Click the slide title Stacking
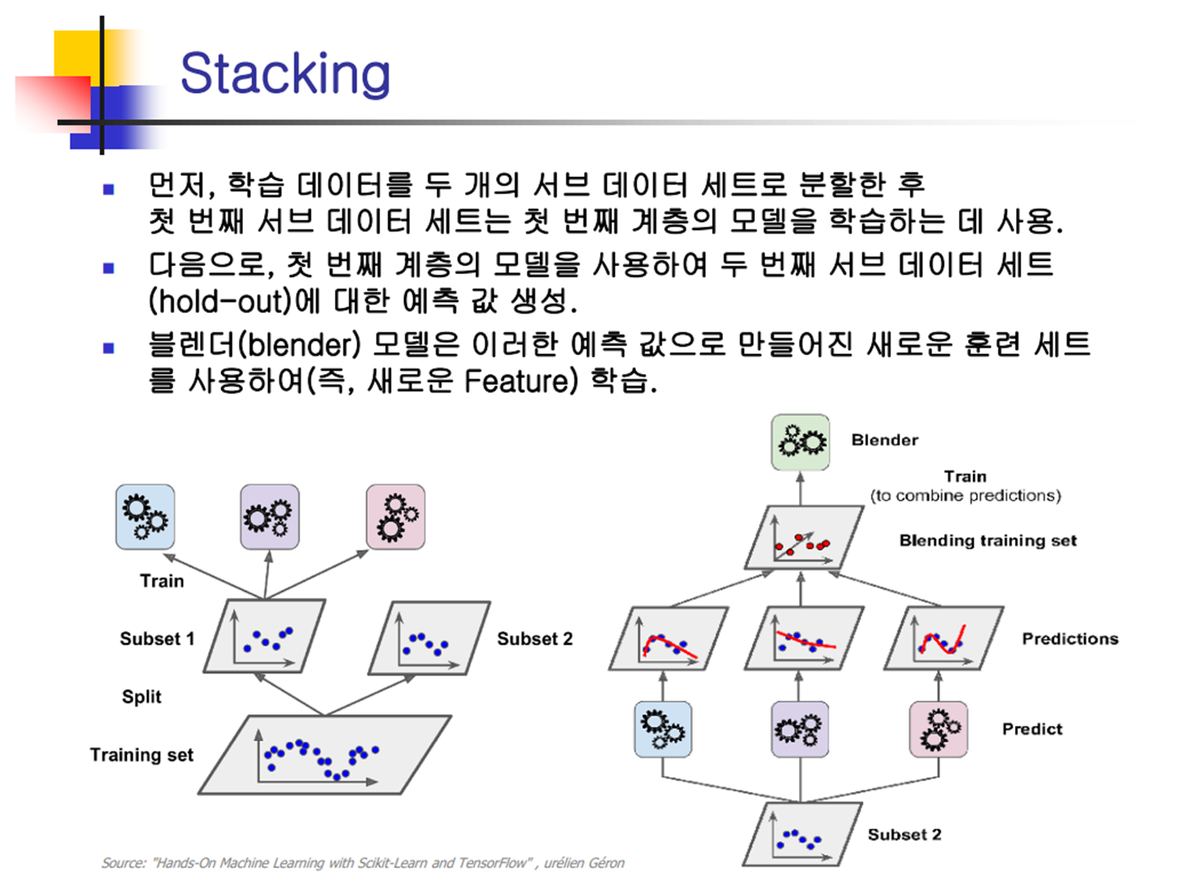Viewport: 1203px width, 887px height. click(285, 73)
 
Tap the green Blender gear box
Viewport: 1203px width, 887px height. click(800, 442)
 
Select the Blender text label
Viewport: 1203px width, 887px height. click(884, 440)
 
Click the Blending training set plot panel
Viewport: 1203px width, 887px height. click(803, 538)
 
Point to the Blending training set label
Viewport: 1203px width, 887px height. click(987, 540)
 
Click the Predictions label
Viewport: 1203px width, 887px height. click(1070, 639)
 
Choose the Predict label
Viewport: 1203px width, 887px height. click(1032, 728)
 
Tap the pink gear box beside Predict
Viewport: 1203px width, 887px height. click(938, 729)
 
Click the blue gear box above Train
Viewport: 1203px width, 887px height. click(145, 516)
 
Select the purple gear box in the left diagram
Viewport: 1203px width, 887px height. click(269, 516)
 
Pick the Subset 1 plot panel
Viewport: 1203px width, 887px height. click(265, 636)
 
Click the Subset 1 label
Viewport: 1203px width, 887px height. click(157, 639)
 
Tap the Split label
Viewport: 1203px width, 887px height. click(141, 696)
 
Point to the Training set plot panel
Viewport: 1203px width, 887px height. click(325, 754)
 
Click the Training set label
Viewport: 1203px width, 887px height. click(141, 754)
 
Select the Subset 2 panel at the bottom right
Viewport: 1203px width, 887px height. click(802, 834)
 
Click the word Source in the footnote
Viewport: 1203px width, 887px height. click(123, 863)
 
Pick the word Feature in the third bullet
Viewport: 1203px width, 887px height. click(516, 381)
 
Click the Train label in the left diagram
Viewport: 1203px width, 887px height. click(162, 581)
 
